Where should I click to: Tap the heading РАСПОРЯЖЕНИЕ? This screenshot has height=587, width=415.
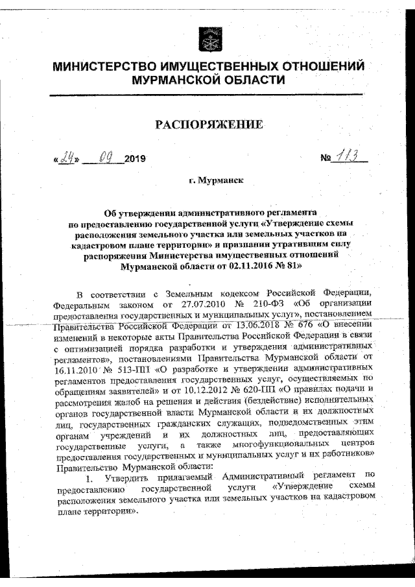coord(207,124)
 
